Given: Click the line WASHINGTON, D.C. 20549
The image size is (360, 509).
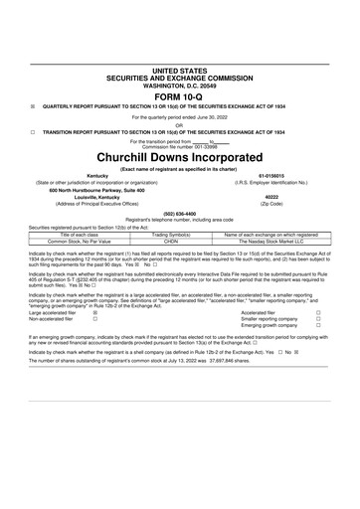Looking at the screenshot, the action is click(179, 57).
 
